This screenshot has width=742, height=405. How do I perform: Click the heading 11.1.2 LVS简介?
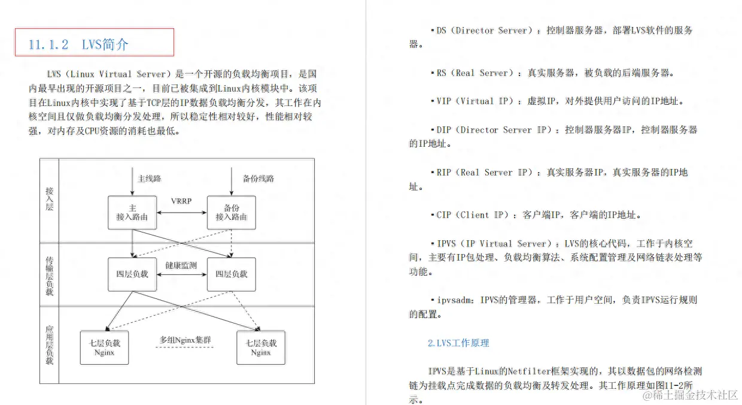(78, 44)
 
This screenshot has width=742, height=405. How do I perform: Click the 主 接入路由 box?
(132, 212)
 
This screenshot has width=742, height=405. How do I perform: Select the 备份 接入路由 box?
(231, 212)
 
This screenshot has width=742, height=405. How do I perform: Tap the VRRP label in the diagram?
(181, 201)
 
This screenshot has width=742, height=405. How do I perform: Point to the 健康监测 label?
(181, 265)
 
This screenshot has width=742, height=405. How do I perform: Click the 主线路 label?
(150, 179)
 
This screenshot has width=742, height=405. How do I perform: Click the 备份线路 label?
(259, 179)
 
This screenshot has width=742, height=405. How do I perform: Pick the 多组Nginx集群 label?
(185, 340)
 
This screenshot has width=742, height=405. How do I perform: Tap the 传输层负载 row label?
(50, 276)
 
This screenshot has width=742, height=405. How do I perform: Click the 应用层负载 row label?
(50, 345)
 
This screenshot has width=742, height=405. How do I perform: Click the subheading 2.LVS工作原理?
(458, 343)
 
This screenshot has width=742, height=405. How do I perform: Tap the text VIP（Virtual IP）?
(475, 101)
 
